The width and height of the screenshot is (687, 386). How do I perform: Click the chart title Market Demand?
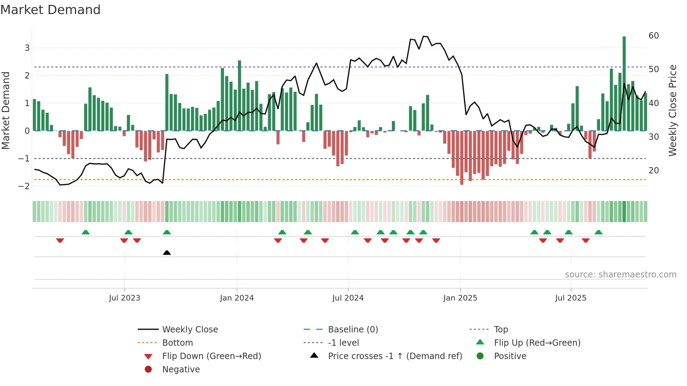(50, 10)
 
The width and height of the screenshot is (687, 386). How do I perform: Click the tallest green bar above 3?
(624, 84)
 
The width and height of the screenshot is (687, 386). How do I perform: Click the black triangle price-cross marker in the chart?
(167, 253)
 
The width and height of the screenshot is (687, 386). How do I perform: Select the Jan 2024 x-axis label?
(237, 298)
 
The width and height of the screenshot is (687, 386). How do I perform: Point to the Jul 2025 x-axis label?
(571, 298)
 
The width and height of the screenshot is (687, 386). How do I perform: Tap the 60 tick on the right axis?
(653, 36)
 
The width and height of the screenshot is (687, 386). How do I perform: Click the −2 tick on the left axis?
(24, 186)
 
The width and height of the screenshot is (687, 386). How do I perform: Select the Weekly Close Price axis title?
(672, 110)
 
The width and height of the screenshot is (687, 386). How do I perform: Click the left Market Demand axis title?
(6, 110)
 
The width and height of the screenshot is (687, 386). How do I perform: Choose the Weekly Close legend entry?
(190, 330)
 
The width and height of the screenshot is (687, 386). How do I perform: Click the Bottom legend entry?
(177, 343)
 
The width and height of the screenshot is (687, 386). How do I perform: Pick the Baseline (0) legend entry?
(353, 330)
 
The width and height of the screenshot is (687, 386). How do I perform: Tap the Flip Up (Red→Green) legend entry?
(537, 343)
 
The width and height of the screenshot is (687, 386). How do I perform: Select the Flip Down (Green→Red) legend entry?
(211, 356)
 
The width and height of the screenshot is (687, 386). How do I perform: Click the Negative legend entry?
(181, 370)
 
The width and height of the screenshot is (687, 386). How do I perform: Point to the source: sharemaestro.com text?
(620, 275)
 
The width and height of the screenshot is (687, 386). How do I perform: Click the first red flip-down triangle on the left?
(60, 240)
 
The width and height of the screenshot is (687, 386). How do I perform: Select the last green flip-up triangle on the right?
(599, 232)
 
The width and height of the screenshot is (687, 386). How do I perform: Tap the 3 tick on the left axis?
(27, 48)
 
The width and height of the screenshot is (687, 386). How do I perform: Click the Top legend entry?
(501, 330)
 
